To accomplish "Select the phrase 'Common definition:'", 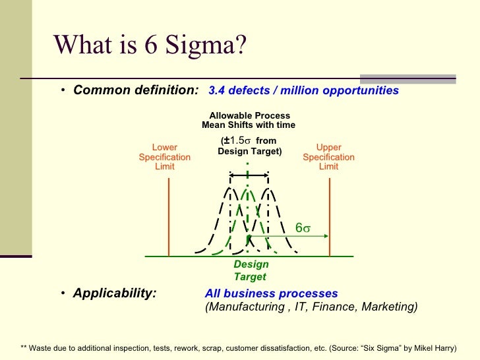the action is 136,90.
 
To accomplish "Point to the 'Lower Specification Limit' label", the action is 165,157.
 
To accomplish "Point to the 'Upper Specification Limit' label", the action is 328,157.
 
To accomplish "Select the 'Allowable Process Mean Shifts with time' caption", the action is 249,121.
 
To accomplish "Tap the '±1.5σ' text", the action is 237,141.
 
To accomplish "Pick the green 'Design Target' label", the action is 251,270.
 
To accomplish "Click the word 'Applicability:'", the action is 115,293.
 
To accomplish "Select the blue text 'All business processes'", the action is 272,293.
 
